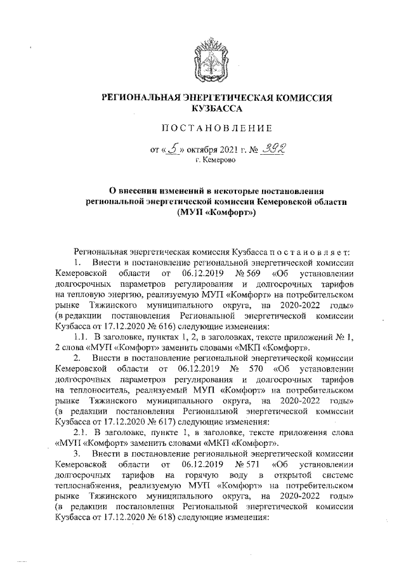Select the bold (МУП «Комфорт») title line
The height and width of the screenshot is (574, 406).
(216, 213)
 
